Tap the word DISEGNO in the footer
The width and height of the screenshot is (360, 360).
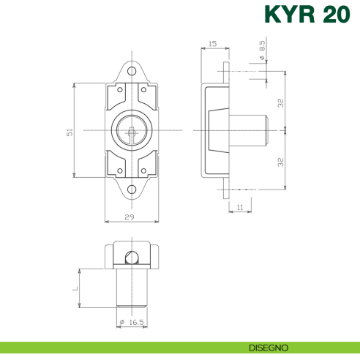click(269, 347)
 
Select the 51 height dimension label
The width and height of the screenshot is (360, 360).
click(70, 130)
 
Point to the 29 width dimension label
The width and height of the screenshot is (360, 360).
click(130, 217)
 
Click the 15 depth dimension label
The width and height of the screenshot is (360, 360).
click(212, 44)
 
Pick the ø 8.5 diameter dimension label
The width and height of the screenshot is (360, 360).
click(262, 52)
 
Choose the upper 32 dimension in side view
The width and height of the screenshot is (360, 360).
click(280, 102)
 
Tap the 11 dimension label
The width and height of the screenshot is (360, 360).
click(239, 207)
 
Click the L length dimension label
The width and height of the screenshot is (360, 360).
click(75, 288)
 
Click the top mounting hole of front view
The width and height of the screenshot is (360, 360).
click(132, 72)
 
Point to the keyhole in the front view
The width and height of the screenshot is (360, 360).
click(132, 131)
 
